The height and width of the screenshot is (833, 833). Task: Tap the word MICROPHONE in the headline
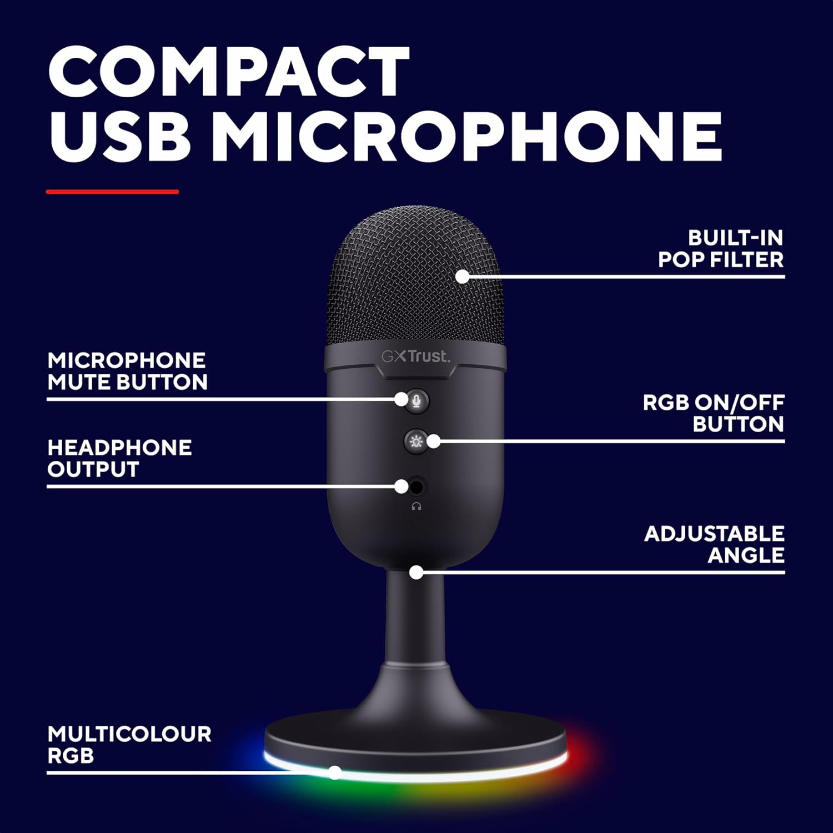point(466,137)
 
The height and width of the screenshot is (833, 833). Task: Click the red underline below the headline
point(112,192)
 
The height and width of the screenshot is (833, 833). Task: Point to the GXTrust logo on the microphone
point(415,356)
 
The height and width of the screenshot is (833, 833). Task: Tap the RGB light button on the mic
point(415,442)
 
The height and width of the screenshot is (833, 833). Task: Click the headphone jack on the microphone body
point(417,487)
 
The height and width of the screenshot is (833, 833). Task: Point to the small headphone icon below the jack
point(416,506)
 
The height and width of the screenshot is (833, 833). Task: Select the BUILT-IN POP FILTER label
point(721,249)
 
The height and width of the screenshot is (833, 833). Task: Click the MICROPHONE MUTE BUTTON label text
point(127,371)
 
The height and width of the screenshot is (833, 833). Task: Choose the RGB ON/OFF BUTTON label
point(713,413)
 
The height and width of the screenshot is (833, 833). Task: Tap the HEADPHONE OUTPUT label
point(119,458)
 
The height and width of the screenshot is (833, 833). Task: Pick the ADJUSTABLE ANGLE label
point(714,544)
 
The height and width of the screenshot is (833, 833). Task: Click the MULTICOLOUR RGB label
point(129,744)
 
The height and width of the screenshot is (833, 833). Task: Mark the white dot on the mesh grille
point(462,276)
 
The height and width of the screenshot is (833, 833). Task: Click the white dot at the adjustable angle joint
point(416,572)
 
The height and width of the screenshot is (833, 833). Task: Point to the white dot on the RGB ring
point(335,772)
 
